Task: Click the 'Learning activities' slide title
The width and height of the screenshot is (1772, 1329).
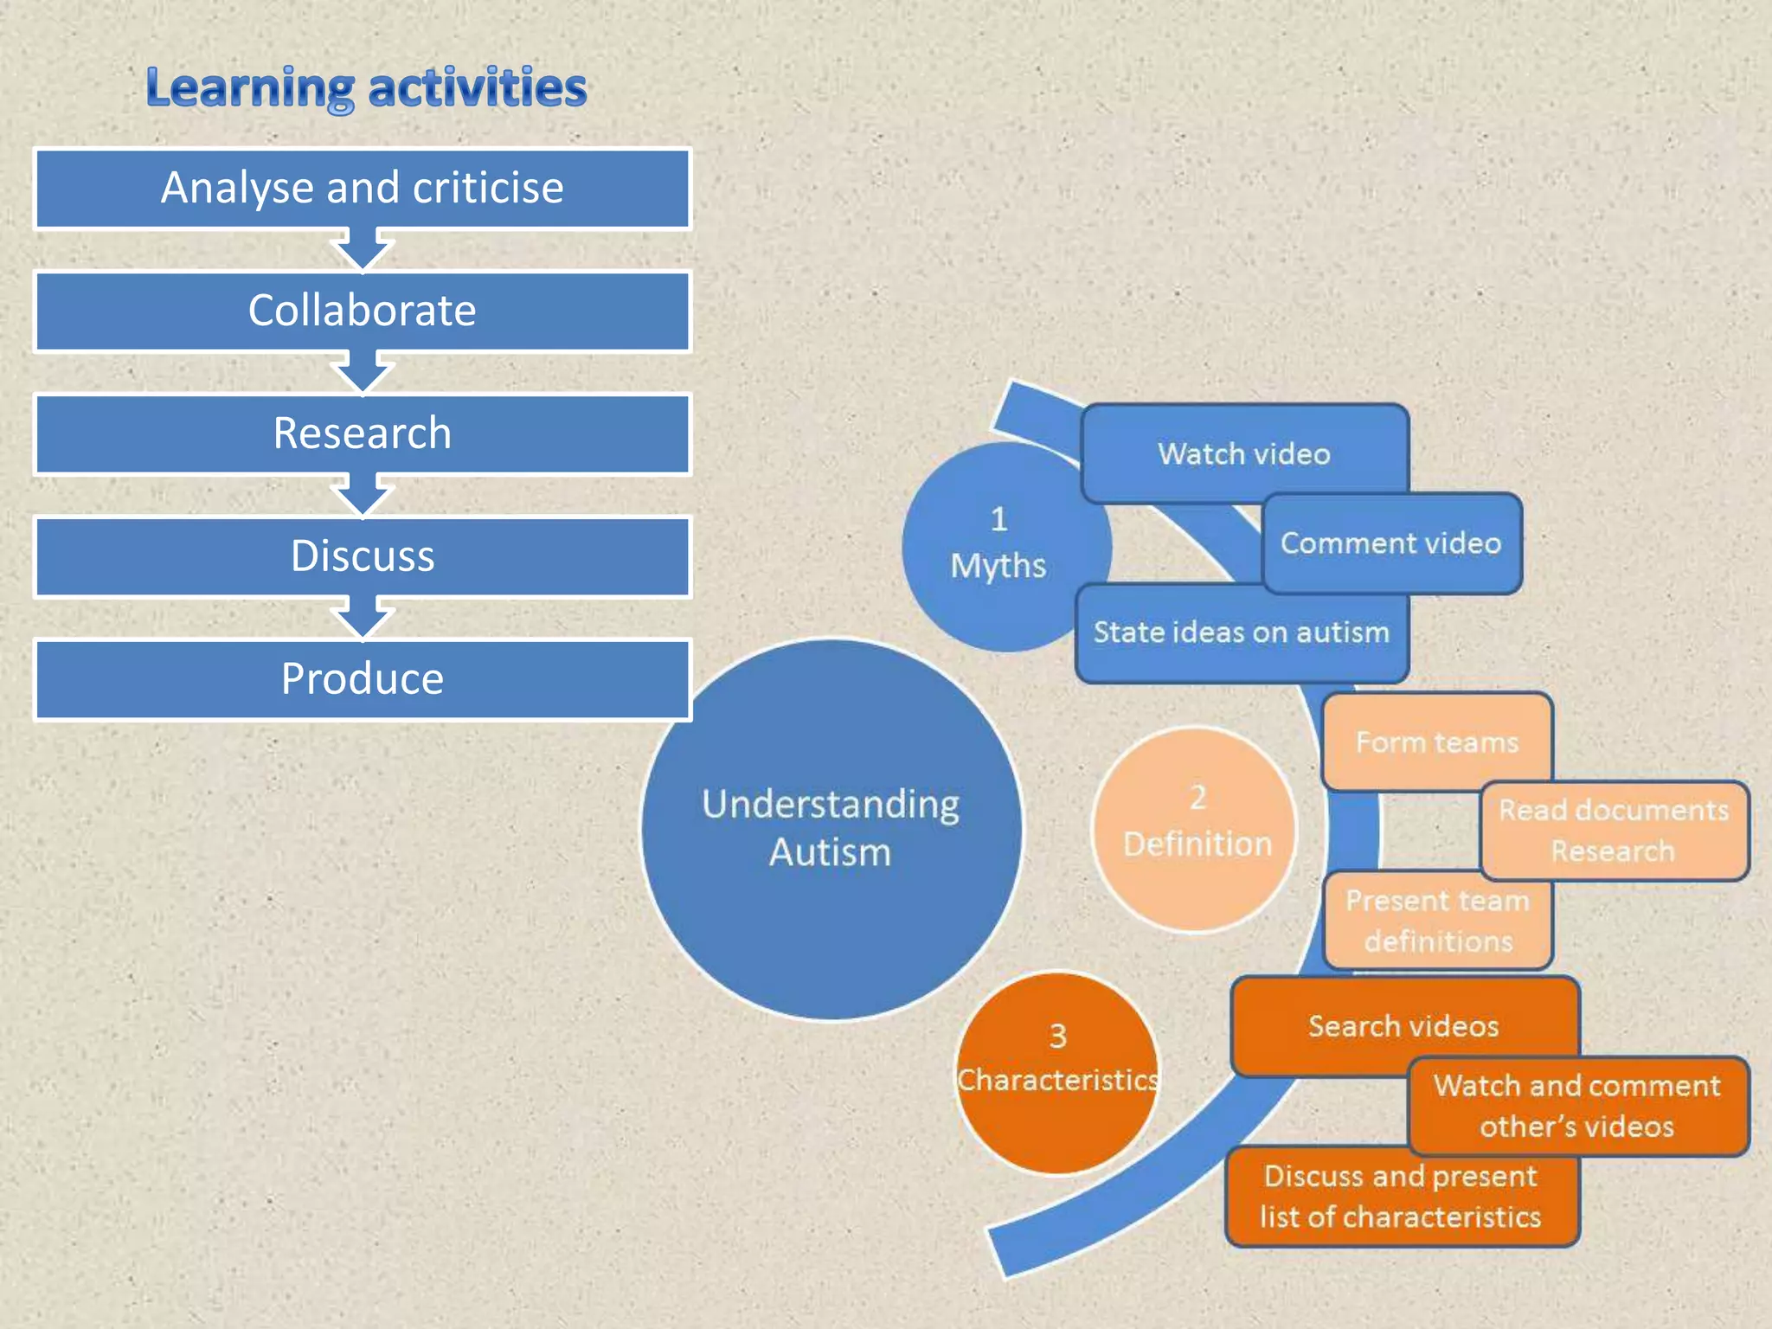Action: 366,88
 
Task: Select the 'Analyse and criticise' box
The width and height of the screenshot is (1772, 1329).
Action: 363,189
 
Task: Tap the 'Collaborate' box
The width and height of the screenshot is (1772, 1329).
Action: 363,311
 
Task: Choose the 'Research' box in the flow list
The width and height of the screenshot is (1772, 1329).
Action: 363,434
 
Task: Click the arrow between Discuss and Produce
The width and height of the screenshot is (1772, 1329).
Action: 363,618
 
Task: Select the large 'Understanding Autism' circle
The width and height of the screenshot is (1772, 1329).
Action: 831,829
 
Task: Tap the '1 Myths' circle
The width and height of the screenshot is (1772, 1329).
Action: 999,545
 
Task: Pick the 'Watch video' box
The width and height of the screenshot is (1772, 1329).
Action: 1244,453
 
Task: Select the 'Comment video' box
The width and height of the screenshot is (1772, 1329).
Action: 1391,543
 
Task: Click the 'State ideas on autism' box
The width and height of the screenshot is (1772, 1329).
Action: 1242,633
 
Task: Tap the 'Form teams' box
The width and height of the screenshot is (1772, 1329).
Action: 1436,742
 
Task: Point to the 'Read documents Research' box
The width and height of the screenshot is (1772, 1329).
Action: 1614,831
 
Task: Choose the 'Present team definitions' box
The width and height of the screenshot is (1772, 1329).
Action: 1438,921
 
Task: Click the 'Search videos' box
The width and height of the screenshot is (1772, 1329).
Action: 1403,1026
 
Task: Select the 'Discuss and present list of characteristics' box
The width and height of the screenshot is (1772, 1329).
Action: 1402,1197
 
